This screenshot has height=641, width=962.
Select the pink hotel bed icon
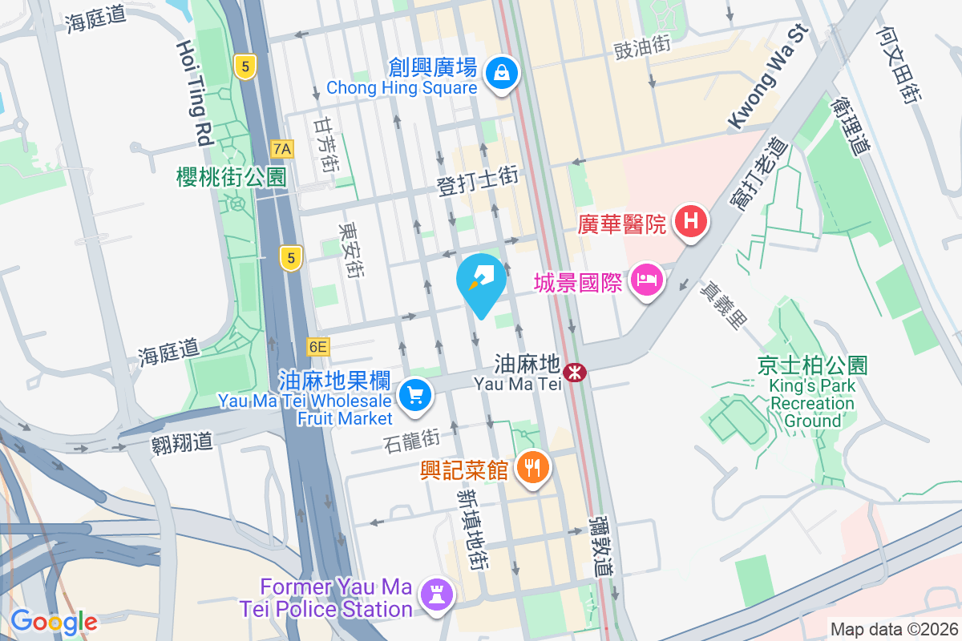646,281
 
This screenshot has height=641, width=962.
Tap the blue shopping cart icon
414,395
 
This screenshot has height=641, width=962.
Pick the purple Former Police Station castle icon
441,595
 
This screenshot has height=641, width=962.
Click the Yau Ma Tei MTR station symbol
574,372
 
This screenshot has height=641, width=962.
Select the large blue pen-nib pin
481,283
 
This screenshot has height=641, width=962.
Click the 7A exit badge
282,148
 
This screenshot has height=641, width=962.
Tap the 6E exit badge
318,347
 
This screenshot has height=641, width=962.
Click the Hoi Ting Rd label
192,93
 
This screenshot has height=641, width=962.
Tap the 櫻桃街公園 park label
231,177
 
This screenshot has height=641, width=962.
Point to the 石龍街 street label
412,439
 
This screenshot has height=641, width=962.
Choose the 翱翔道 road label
182,441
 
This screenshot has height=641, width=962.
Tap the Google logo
53,622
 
